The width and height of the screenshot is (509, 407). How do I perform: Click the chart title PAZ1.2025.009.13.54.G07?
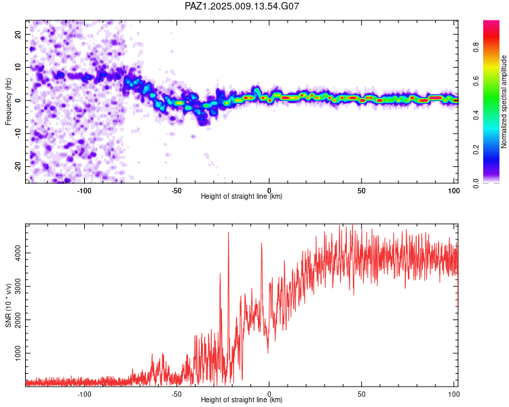click(242, 6)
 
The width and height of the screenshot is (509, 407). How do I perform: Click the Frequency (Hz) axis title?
click(9, 101)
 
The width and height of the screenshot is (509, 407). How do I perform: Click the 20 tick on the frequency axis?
click(18, 34)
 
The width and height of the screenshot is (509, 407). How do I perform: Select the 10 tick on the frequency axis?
click(18, 67)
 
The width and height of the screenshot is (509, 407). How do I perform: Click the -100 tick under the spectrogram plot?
click(84, 190)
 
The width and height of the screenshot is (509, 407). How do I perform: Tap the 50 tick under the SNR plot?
click(362, 393)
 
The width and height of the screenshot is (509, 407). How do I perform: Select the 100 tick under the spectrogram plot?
click(454, 190)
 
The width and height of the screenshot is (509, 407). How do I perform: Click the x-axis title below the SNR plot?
click(242, 400)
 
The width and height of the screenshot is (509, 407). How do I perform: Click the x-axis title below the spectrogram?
click(242, 197)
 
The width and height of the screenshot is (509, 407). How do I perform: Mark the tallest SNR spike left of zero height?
click(228, 233)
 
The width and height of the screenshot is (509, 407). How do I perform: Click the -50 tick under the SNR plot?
click(176, 393)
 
